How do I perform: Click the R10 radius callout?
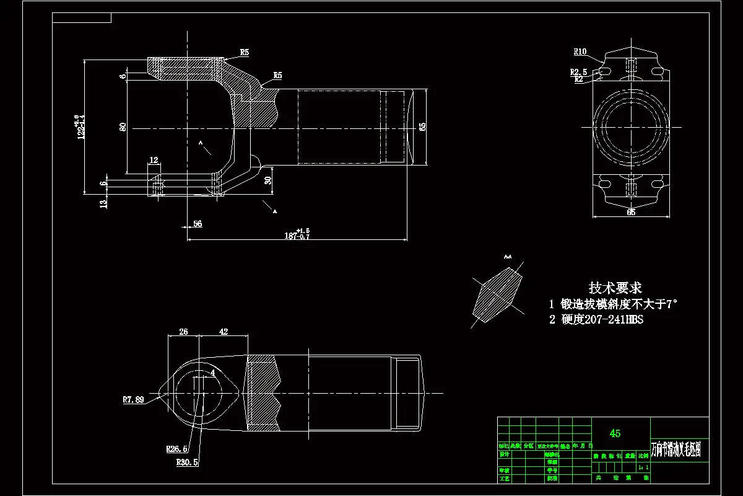(x=580, y=51)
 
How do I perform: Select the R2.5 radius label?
(x=578, y=72)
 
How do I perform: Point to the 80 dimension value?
(x=123, y=127)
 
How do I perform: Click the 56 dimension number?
(x=198, y=224)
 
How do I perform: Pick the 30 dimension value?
(x=267, y=180)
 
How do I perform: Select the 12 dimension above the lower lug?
(x=154, y=160)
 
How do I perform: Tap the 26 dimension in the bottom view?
(x=183, y=332)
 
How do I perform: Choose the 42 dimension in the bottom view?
(x=224, y=332)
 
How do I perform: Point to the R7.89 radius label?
(x=133, y=400)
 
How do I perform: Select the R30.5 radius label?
(x=187, y=462)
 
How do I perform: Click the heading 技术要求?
(x=615, y=288)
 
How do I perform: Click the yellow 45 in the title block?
(x=615, y=433)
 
